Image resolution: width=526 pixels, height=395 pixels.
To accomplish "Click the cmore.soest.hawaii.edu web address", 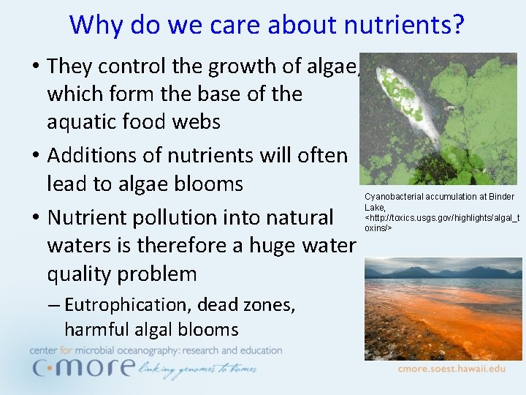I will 451,369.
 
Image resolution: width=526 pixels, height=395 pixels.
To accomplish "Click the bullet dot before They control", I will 35,67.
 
